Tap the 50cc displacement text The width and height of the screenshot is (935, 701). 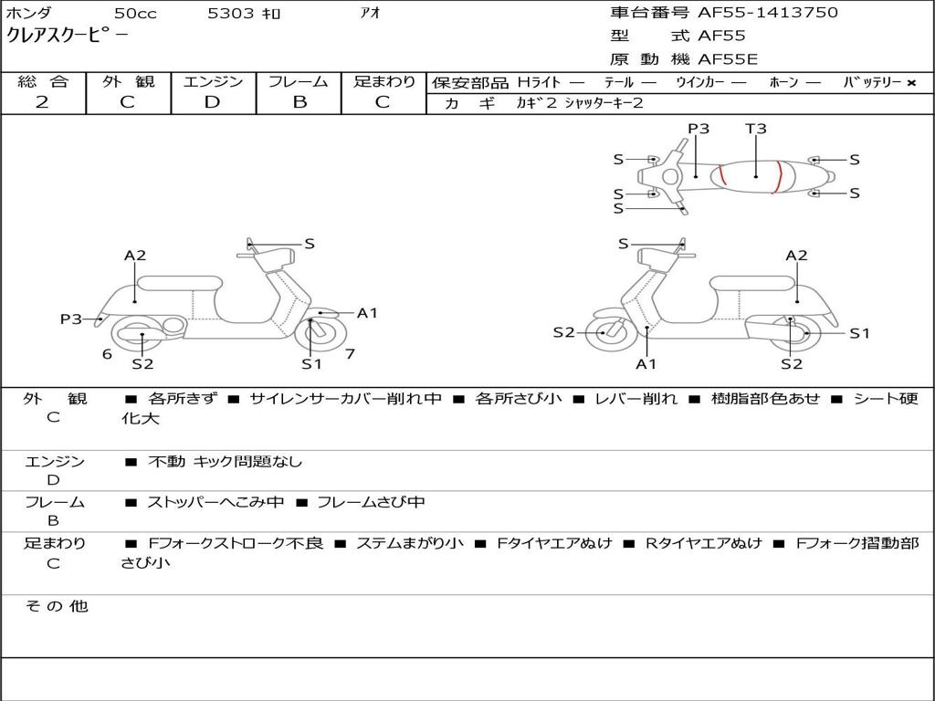(134, 14)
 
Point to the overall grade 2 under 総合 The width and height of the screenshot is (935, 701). (42, 102)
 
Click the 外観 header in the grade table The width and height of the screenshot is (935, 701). (128, 81)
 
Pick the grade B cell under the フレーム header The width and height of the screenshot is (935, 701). (299, 102)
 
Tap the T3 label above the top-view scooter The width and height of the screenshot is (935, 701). (756, 129)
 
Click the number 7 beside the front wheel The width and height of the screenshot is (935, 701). (350, 353)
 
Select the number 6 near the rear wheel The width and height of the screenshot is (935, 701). (107, 353)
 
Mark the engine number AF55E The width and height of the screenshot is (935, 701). (728, 60)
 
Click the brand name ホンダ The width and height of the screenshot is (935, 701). (28, 14)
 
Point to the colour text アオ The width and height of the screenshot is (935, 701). (371, 14)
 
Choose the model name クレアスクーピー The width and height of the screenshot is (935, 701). (68, 37)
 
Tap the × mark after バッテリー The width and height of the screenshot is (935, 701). (911, 82)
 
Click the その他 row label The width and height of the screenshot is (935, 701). (56, 606)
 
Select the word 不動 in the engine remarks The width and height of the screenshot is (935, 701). (166, 462)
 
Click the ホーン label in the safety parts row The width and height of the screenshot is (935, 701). (783, 82)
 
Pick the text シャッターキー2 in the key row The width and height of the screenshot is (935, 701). (604, 103)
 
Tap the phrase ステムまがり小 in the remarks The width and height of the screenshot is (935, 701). (410, 543)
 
